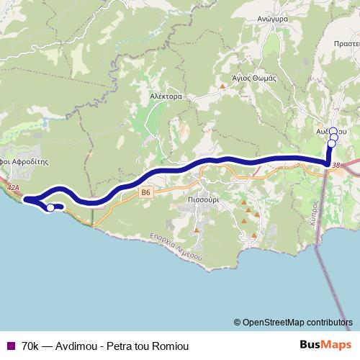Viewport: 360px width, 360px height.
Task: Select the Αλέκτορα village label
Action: coord(165,95)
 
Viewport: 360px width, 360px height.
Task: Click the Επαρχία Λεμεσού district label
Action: coord(176,247)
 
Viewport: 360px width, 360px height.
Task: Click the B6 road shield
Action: coord(146,192)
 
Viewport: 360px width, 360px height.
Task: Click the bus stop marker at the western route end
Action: coord(50,208)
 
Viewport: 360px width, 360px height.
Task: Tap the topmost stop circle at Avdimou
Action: coord(333,131)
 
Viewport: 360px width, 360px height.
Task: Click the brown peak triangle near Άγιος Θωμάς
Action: coord(223,87)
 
